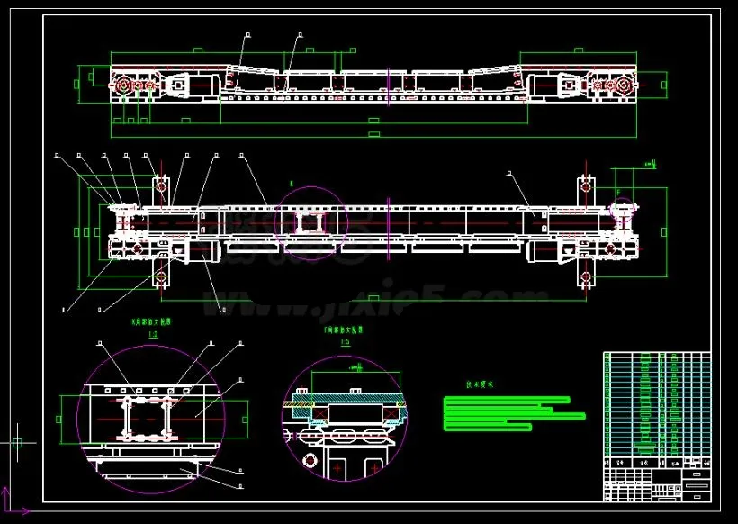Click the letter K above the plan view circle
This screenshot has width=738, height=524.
tap(292, 183)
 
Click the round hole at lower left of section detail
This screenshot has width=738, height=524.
tap(310, 462)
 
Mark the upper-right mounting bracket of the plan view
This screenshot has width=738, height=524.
tap(587, 188)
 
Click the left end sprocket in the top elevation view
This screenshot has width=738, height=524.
tap(124, 86)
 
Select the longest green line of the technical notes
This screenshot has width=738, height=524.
tap(515, 416)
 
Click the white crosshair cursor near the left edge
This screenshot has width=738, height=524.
tap(16, 442)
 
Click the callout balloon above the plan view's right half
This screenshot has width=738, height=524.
tap(509, 170)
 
